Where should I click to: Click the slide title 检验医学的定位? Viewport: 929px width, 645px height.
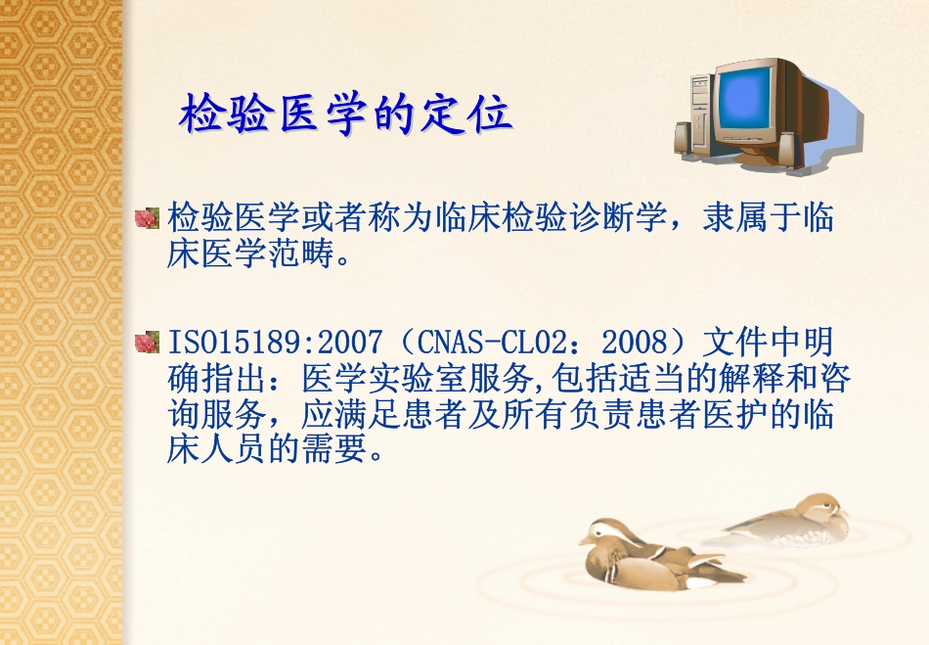tap(345, 115)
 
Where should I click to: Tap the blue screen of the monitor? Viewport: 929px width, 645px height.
tap(748, 96)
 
